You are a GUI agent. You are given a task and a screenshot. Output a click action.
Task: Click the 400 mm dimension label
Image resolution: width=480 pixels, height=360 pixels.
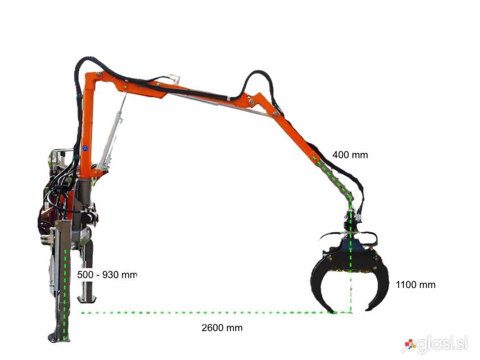[350, 155]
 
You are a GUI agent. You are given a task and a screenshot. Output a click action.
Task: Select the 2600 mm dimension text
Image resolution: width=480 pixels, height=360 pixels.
[222, 328]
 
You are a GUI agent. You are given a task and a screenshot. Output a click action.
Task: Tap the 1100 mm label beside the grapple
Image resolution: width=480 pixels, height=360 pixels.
[415, 285]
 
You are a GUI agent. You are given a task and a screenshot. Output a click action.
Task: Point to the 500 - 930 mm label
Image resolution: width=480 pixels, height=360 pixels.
[107, 274]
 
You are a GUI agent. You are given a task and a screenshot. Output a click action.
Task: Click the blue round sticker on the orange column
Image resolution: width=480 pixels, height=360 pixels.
[85, 148]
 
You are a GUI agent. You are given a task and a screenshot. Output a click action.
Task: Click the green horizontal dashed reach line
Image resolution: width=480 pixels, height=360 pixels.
[216, 313]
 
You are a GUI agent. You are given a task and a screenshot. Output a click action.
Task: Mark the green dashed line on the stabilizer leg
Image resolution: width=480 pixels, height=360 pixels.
[65, 294]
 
